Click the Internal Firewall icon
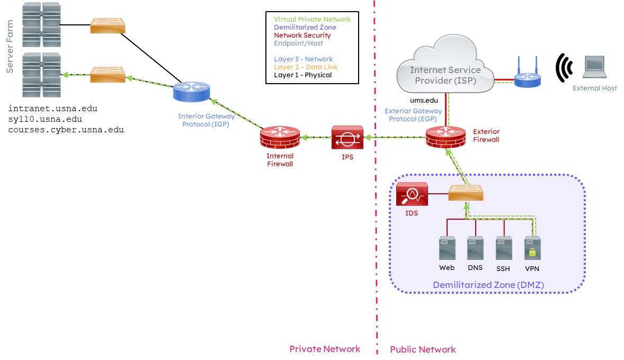tap(280, 138)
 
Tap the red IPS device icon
tap(347, 138)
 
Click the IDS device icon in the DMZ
tap(412, 194)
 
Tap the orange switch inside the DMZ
tap(466, 193)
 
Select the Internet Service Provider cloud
tap(445, 70)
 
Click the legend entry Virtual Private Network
tap(312, 20)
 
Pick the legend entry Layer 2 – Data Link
tap(305, 67)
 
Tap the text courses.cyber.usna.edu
tap(66, 130)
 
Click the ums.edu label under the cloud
tap(425, 100)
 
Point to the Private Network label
tap(324, 349)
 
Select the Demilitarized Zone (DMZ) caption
tap(488, 285)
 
